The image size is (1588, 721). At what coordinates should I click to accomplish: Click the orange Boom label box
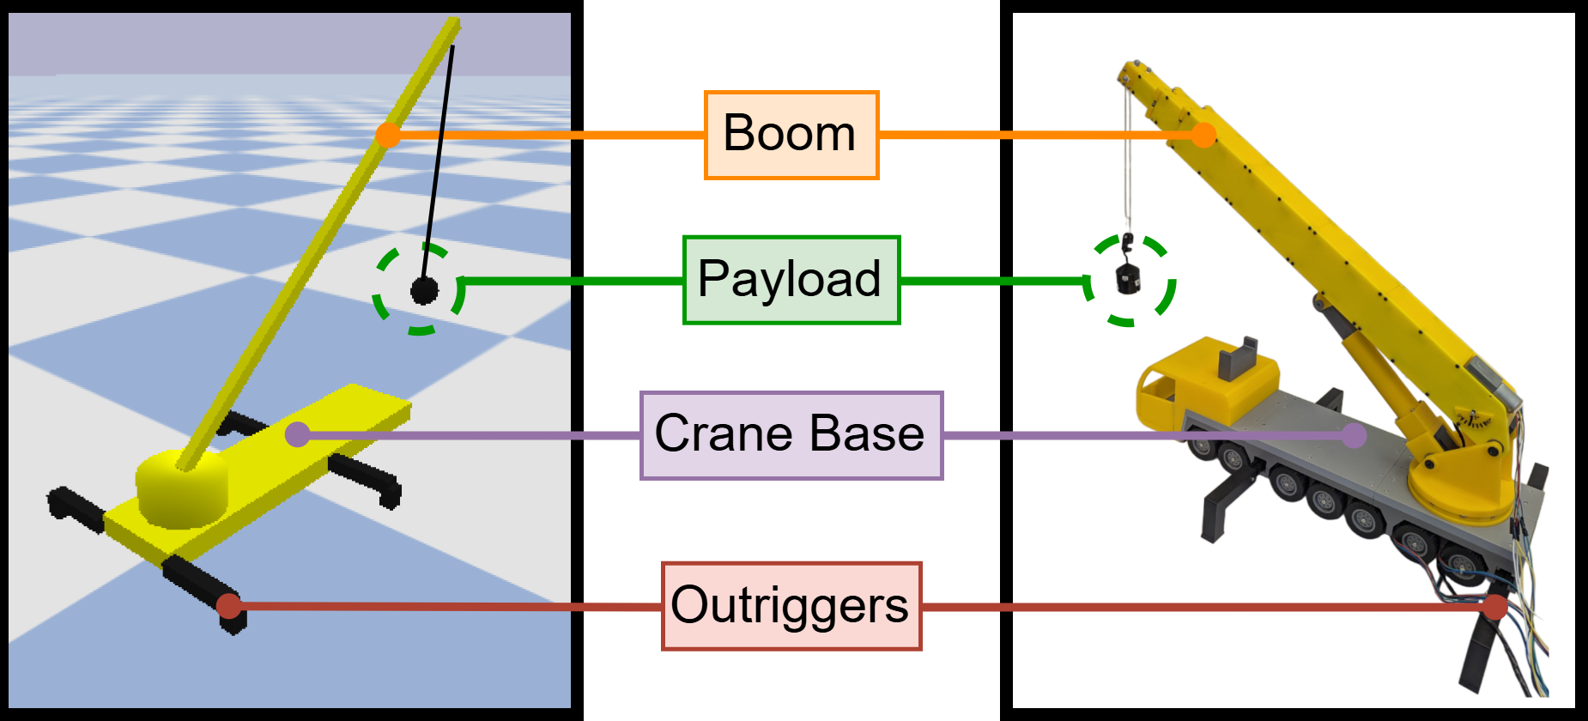coord(791,135)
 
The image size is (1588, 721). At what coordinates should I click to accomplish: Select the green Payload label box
coord(791,280)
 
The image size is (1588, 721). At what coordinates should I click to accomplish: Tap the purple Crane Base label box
coord(791,435)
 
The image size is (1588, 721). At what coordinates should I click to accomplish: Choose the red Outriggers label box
coord(791,606)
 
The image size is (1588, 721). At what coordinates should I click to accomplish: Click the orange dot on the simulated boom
coord(389,135)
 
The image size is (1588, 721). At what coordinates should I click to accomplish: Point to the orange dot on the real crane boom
coord(1204,135)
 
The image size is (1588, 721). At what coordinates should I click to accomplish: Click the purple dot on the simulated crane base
coord(297,434)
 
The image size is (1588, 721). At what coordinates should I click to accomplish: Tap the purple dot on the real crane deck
coord(1354,435)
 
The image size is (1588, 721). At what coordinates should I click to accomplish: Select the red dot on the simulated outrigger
coord(228,606)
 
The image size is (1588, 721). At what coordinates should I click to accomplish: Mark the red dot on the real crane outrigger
coord(1495,606)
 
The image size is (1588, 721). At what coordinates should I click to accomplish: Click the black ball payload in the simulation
coord(424,291)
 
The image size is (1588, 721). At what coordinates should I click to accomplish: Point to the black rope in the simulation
coord(439,154)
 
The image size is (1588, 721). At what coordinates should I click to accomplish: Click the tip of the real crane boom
coord(1131,71)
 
